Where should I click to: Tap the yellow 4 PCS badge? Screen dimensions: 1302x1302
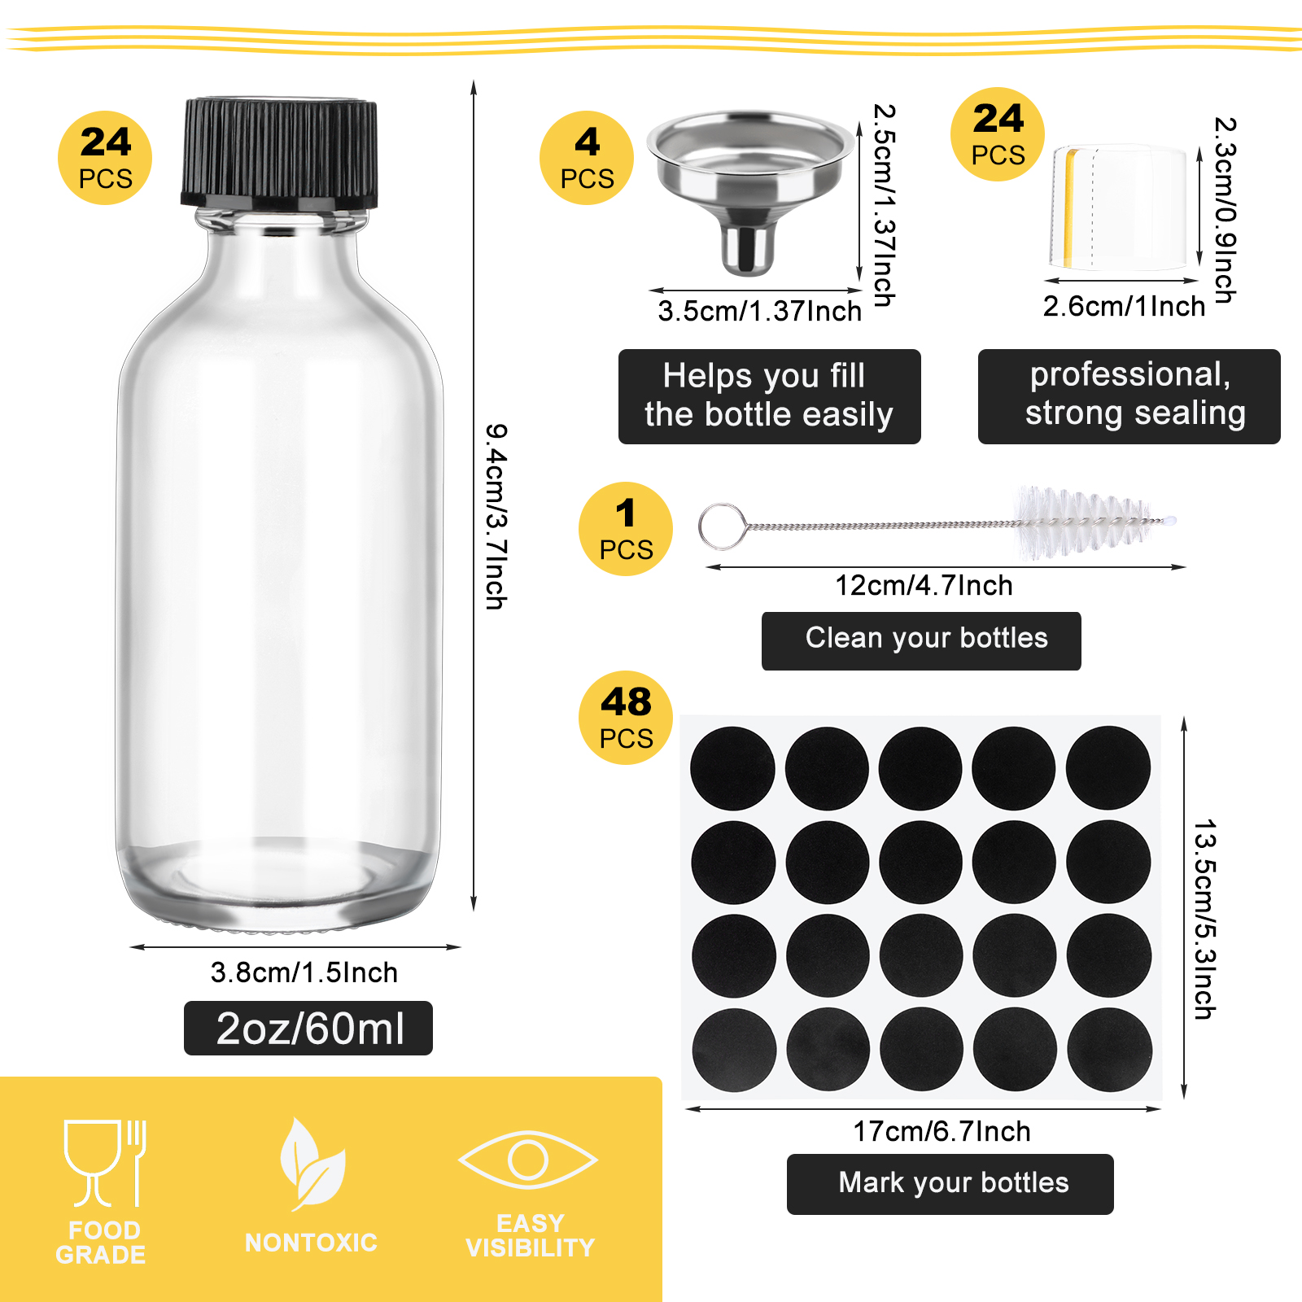click(587, 158)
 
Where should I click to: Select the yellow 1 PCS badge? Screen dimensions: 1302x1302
click(626, 529)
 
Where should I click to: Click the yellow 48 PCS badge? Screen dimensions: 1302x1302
click(626, 718)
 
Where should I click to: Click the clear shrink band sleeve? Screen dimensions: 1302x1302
click(1119, 208)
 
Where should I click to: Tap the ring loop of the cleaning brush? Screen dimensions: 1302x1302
click(723, 526)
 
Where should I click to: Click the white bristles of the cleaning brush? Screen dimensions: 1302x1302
click(1090, 522)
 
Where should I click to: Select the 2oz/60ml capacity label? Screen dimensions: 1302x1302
click(308, 1029)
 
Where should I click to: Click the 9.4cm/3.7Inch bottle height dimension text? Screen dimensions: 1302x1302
click(496, 516)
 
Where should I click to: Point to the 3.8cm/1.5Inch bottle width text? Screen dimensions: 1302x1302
click(304, 972)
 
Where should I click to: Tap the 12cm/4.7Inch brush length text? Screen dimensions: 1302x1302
click(924, 586)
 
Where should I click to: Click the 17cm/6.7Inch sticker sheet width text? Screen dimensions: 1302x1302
click(942, 1132)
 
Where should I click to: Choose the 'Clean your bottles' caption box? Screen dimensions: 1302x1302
click(921, 641)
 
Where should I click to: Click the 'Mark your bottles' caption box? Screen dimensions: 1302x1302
click(950, 1184)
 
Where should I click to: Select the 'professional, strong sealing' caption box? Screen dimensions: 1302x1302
click(1129, 396)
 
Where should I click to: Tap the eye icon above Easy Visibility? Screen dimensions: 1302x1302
click(528, 1160)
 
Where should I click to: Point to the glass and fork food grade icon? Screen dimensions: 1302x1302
click(105, 1164)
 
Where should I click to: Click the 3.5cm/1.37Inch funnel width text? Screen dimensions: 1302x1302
click(759, 311)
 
